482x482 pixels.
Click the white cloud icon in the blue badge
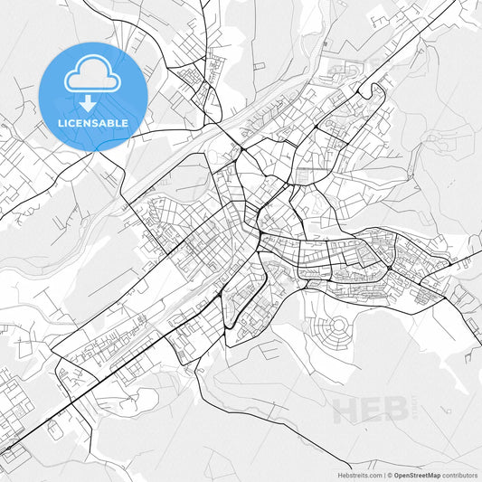click(x=91, y=76)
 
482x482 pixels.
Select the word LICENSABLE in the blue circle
click(x=91, y=123)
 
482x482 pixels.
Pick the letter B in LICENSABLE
click(x=113, y=123)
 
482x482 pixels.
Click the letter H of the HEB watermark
click(x=345, y=410)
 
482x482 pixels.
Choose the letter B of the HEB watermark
click(x=396, y=410)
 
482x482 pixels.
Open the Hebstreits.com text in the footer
click(x=361, y=474)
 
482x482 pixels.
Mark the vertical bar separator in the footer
click(x=384, y=474)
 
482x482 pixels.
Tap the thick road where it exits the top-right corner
click(x=449, y=5)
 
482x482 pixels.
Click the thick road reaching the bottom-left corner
click(x=5, y=447)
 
